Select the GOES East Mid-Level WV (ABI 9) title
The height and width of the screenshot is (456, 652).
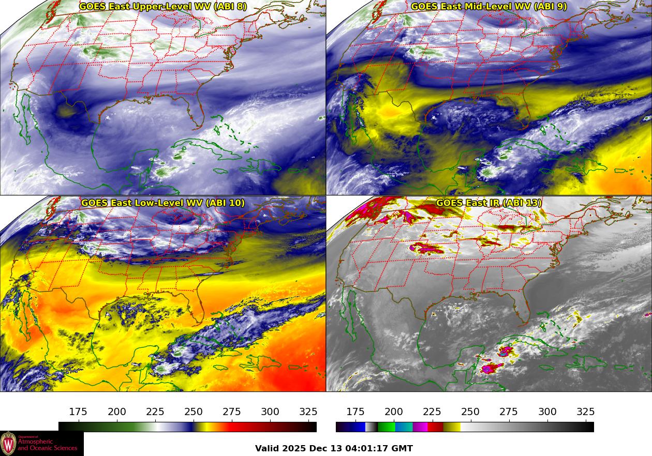click(x=488, y=7)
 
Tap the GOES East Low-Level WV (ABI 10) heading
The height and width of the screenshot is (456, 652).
click(x=163, y=203)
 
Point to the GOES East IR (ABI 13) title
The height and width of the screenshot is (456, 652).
click(x=488, y=203)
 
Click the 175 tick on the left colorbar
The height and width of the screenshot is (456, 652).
click(x=78, y=412)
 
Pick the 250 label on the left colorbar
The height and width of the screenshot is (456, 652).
click(x=194, y=412)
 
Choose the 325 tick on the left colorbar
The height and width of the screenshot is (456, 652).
click(x=308, y=412)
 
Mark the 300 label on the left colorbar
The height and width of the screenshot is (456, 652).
click(x=270, y=412)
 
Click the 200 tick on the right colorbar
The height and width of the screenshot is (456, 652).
click(x=394, y=412)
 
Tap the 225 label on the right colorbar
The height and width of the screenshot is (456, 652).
click(x=432, y=412)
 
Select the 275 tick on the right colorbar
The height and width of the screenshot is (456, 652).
click(x=509, y=412)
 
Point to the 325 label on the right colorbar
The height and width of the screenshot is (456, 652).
click(x=586, y=412)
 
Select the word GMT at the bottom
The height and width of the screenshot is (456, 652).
click(x=403, y=448)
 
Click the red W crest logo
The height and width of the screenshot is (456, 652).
click(x=8, y=444)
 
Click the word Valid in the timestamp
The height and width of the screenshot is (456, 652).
click(x=268, y=448)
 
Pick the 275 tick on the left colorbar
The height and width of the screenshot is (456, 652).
click(x=232, y=412)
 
